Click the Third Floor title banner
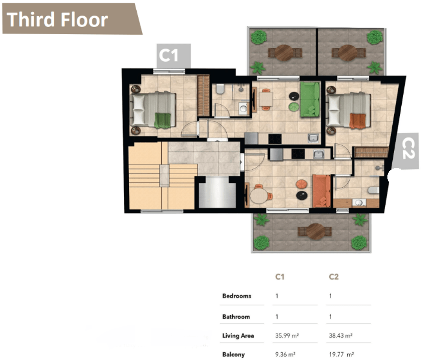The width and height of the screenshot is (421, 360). pyautogui.click(x=72, y=19)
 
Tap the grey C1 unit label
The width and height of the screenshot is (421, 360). pyautogui.click(x=173, y=56)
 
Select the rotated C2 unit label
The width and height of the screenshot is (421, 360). pyautogui.click(x=408, y=151)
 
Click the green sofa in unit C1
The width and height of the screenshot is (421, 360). pyautogui.click(x=310, y=100)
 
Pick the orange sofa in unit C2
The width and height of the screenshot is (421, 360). pyautogui.click(x=321, y=191)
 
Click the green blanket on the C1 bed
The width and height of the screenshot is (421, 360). pyautogui.click(x=163, y=121)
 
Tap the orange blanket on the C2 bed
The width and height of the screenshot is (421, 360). pyautogui.click(x=357, y=121)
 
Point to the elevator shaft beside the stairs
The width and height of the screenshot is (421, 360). pyautogui.click(x=217, y=192)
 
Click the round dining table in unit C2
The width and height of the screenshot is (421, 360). pyautogui.click(x=259, y=196)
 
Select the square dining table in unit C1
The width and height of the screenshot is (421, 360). pyautogui.click(x=266, y=99)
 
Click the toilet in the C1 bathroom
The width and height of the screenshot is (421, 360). pyautogui.click(x=220, y=89)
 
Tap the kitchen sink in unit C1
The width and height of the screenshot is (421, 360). pyautogui.click(x=313, y=138)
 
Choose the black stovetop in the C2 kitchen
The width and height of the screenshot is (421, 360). pyautogui.click(x=298, y=154)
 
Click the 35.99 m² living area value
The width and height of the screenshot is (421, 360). pyautogui.click(x=287, y=335)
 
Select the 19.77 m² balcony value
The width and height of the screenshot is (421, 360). pyautogui.click(x=341, y=355)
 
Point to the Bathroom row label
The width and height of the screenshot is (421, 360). pyautogui.click(x=236, y=317)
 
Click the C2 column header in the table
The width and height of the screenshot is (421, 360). pyautogui.click(x=333, y=277)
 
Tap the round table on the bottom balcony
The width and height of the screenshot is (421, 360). pyautogui.click(x=315, y=232)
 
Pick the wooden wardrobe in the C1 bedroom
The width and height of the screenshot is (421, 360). pyautogui.click(x=203, y=95)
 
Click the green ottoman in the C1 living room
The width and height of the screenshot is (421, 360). pyautogui.click(x=294, y=107)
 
